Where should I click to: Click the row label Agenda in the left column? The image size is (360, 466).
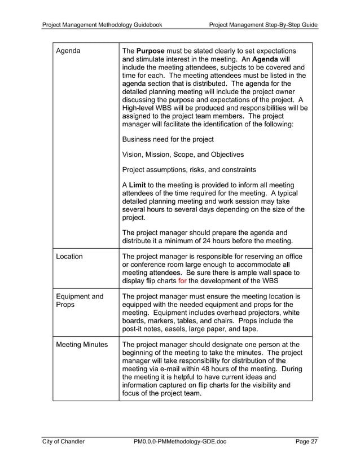pos(68,52)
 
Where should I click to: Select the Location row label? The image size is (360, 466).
pos(69,257)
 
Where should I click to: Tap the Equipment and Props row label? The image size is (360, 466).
pos(78,301)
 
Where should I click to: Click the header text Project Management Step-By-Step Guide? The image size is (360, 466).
pos(264,25)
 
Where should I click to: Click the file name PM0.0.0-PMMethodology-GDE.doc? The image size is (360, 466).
pos(180,442)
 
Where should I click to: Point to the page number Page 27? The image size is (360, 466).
pos(306,442)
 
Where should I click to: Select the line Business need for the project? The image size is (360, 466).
pos(168,139)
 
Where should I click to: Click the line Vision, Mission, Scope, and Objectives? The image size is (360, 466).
pos(183,154)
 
